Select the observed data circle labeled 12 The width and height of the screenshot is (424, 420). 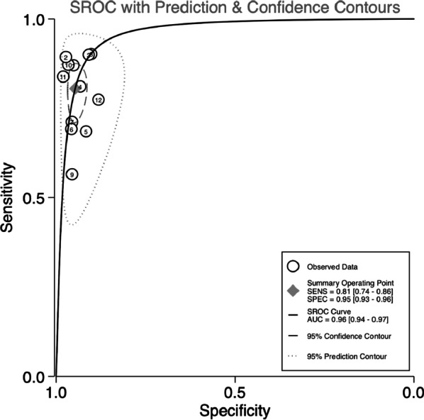(99, 100)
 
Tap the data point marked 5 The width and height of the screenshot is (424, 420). (86, 131)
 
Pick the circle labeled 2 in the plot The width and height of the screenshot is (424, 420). (65, 57)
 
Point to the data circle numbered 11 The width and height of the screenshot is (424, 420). (62, 77)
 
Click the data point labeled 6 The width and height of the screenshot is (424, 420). (71, 129)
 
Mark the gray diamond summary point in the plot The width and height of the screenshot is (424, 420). (76, 88)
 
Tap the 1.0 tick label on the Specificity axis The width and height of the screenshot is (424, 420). (57, 392)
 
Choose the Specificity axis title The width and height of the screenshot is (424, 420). (235, 410)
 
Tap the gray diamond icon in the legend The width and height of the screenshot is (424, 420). (291, 289)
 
